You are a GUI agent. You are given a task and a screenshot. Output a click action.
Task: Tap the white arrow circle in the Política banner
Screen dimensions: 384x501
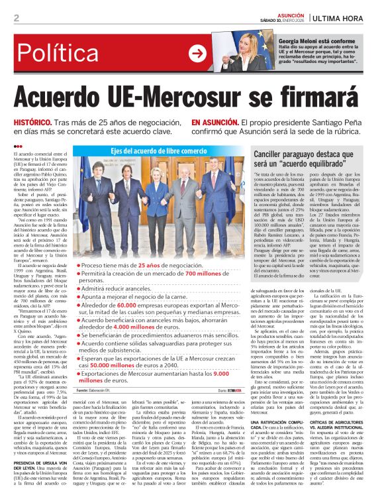(x=197, y=54)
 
